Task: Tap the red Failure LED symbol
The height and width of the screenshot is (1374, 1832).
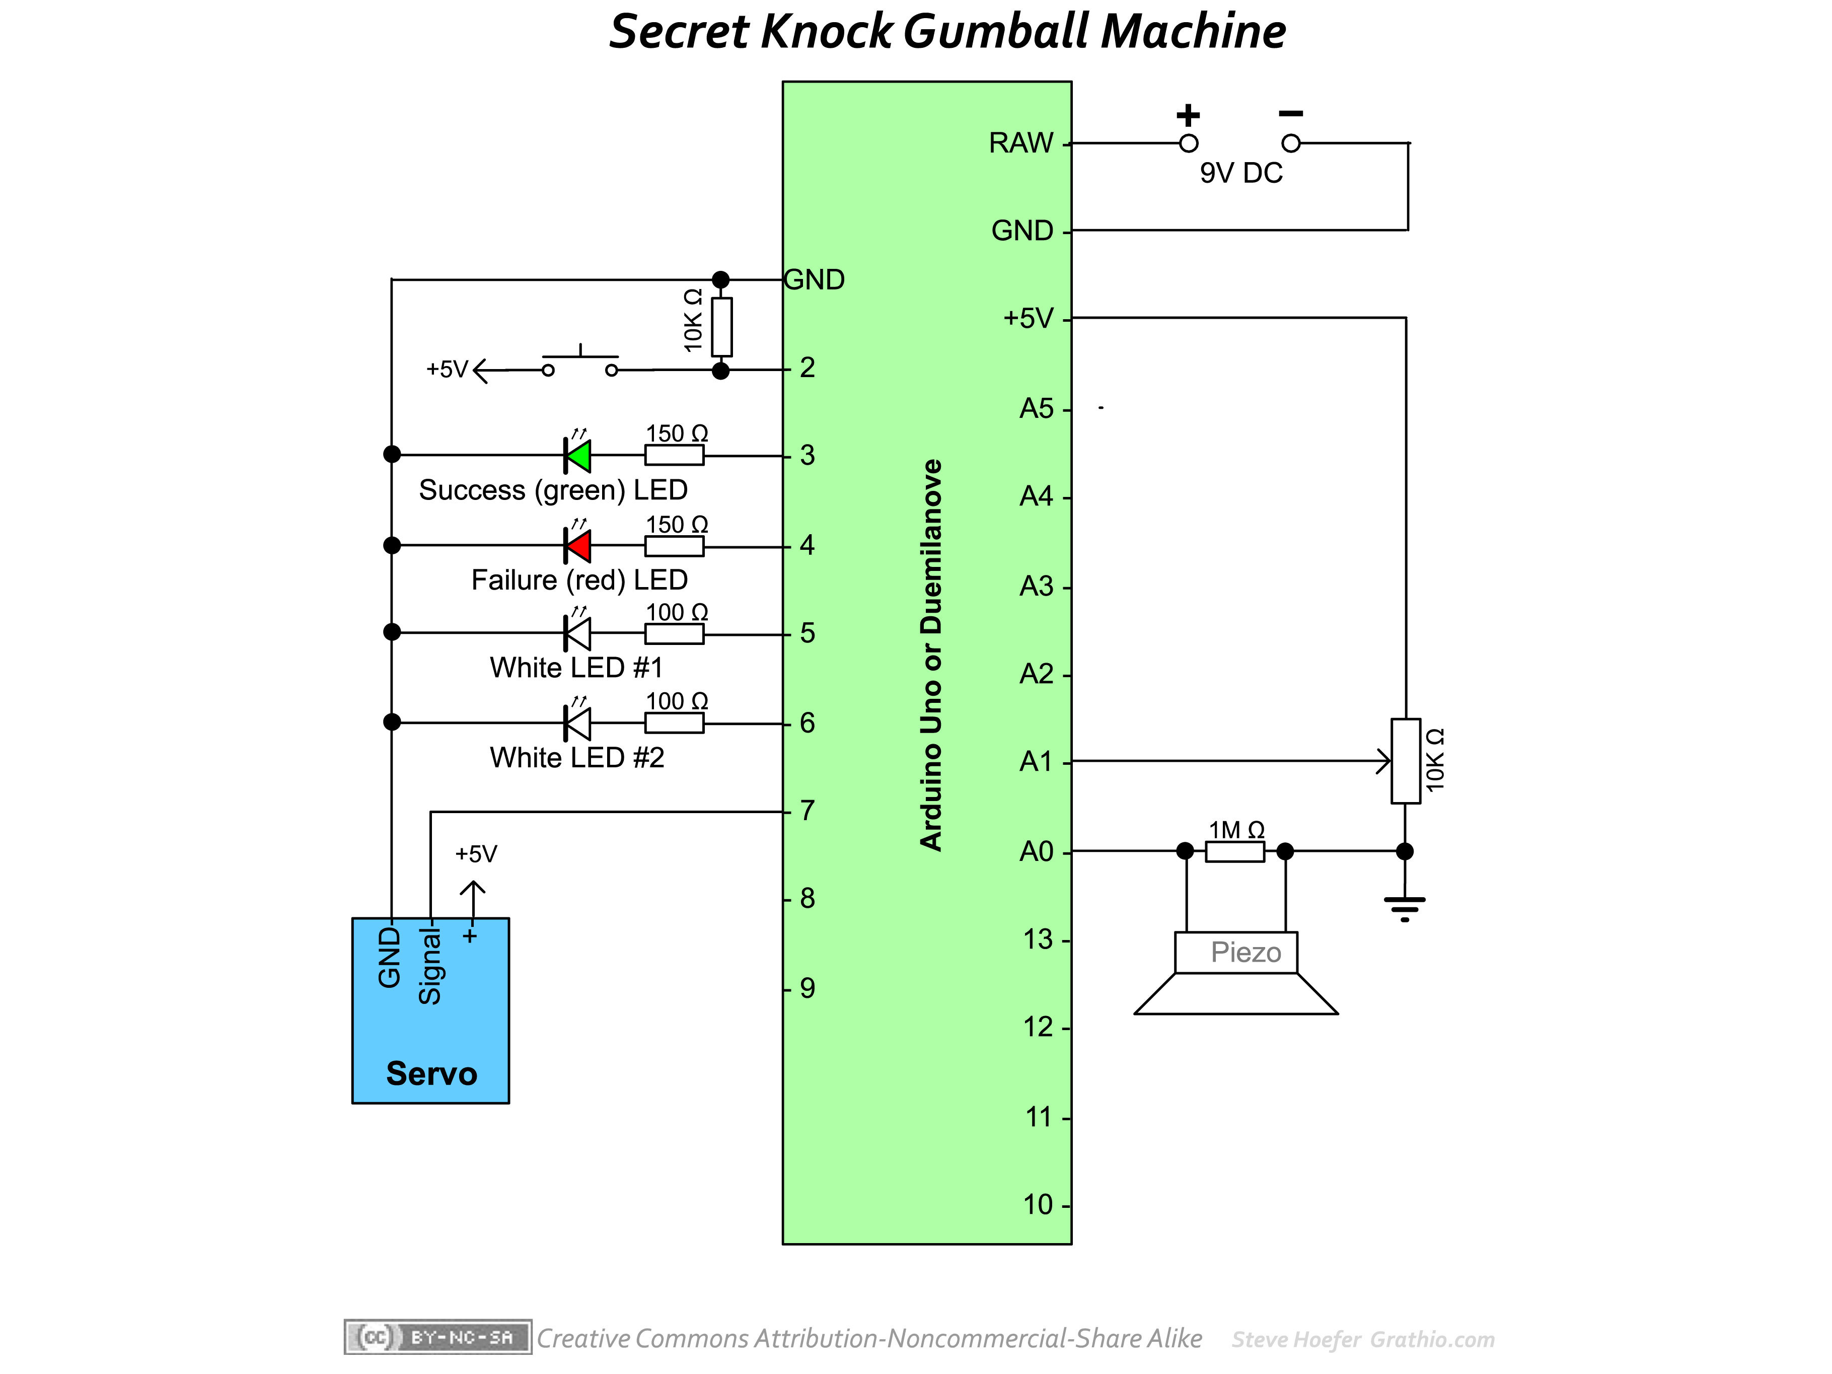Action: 578,546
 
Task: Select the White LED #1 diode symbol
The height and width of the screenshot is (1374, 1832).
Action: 578,633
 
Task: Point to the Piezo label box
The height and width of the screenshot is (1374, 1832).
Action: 1236,953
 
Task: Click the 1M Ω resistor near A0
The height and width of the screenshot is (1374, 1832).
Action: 1235,851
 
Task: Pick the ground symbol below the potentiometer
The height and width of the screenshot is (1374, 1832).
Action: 1405,907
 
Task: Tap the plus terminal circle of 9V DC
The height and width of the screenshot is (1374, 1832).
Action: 1189,143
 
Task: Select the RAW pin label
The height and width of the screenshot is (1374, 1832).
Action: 1020,143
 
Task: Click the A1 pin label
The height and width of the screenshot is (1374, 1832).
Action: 1035,761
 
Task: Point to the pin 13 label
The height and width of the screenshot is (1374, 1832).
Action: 1037,940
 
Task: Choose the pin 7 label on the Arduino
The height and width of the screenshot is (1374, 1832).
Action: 808,811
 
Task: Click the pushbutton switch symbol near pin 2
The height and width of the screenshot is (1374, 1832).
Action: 580,365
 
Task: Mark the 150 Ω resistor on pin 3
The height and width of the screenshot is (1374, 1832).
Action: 674,455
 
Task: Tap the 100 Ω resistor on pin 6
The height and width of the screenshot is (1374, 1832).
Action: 674,723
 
